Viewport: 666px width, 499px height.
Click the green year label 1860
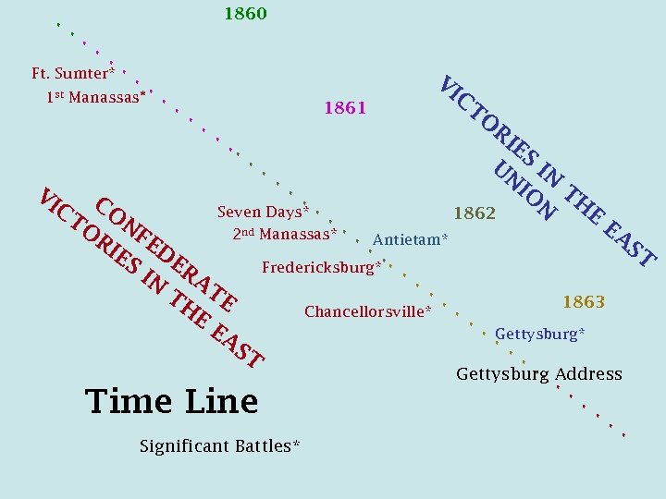pyautogui.click(x=245, y=14)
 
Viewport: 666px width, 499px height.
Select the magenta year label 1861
pyautogui.click(x=345, y=109)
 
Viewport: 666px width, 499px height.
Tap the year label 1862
pyautogui.click(x=475, y=213)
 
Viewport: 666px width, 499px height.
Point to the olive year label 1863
pyautogui.click(x=584, y=302)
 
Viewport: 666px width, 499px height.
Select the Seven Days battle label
pyautogui.click(x=263, y=212)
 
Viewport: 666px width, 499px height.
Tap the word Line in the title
pyautogui.click(x=221, y=401)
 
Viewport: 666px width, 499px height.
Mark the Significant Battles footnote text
pyautogui.click(x=219, y=446)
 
